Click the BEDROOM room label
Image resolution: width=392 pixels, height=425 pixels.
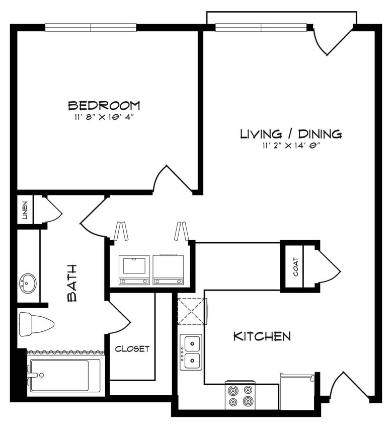104,106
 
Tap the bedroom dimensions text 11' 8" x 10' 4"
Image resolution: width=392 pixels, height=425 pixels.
104,117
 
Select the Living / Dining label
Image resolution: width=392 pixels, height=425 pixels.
291,134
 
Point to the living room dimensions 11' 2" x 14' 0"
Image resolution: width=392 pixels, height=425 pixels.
291,146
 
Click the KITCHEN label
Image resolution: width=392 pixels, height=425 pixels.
262,336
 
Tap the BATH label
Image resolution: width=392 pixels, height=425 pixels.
72,283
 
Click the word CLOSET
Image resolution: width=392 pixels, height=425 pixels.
132,349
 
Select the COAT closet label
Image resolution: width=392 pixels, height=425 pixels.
295,267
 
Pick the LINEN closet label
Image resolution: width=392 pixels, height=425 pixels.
25,210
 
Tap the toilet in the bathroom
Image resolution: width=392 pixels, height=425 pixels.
34,323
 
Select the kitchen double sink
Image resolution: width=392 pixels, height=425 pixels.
191,352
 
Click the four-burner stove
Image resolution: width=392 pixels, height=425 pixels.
240,395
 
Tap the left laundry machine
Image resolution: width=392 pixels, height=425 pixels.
134,270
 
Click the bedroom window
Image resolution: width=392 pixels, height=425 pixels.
91,27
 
